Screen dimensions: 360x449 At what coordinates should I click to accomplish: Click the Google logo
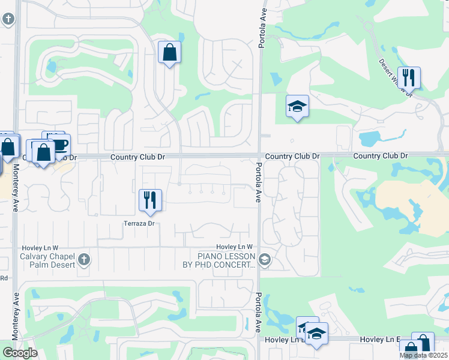(x=20, y=352)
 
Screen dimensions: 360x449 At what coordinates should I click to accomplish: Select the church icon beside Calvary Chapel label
(x=84, y=260)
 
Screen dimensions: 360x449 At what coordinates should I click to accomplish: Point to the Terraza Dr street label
(x=139, y=223)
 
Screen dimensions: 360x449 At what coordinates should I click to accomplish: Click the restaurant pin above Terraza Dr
(x=150, y=200)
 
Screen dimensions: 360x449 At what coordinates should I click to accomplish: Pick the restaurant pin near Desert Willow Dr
(x=408, y=77)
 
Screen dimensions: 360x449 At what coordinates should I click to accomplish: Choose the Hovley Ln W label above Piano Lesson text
(x=235, y=247)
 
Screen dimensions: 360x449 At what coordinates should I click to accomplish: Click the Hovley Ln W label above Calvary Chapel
(x=40, y=247)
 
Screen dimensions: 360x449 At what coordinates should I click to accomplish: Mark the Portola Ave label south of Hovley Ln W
(x=258, y=313)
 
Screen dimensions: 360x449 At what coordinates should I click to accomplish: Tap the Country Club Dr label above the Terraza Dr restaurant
(x=137, y=157)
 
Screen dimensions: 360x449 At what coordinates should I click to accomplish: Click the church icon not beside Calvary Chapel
(x=8, y=19)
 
